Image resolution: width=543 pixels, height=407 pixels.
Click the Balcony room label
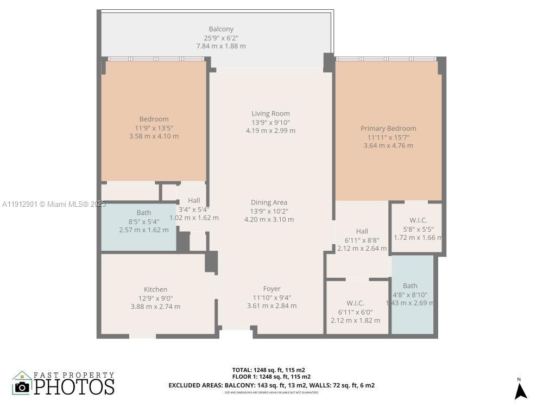click(221, 29)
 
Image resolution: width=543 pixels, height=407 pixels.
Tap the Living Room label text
click(270, 113)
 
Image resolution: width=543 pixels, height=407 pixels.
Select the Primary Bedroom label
click(388, 129)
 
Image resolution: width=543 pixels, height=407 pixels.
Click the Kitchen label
click(155, 289)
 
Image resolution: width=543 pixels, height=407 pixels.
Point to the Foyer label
click(271, 289)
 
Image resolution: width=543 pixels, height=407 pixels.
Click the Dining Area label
click(269, 202)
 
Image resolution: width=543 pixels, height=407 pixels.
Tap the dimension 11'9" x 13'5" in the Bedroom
click(154, 128)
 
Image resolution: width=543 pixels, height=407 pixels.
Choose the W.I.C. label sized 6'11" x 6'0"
click(355, 303)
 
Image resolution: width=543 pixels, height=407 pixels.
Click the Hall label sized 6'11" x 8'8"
click(362, 231)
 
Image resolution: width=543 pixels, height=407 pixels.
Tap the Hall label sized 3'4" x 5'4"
click(194, 200)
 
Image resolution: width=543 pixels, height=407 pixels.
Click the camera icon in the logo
click(22, 386)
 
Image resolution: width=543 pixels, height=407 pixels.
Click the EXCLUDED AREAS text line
click(271, 385)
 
